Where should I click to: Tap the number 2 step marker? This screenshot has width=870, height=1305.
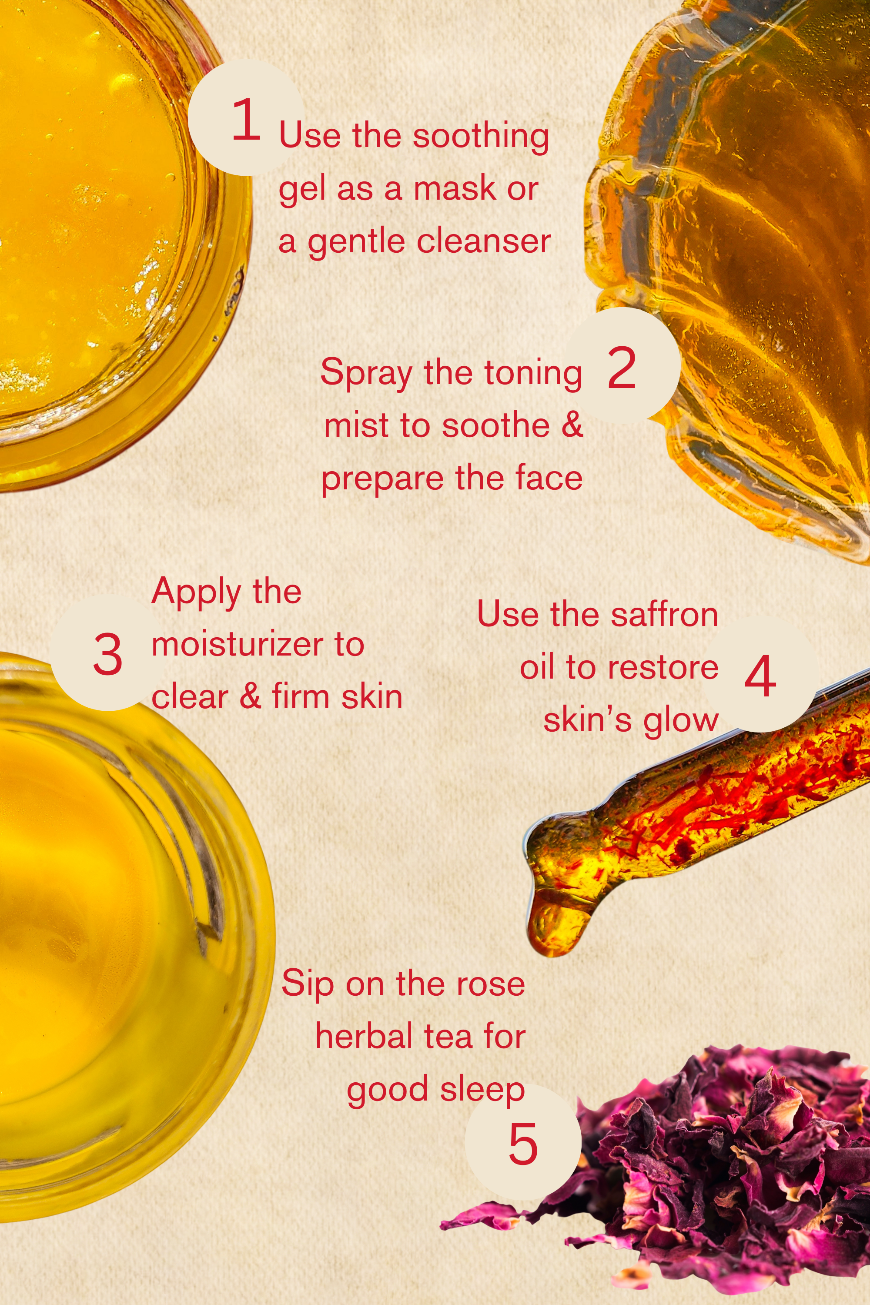click(x=622, y=366)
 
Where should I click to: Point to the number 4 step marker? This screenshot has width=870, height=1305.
click(x=760, y=675)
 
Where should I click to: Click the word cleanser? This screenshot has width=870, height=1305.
click(x=483, y=241)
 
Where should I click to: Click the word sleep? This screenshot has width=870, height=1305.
click(x=482, y=1090)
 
